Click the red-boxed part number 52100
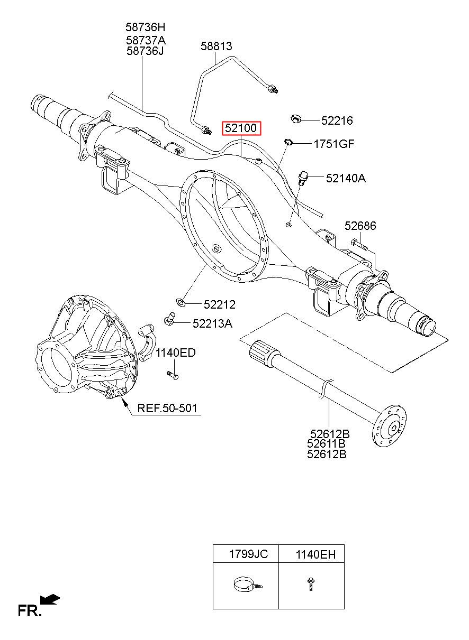tap(241, 128)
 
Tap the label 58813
tap(216, 46)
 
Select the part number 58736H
tap(146, 27)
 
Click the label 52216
tap(337, 120)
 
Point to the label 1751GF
tap(334, 144)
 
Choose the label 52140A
tap(346, 178)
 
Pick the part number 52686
tap(360, 226)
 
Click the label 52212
tap(220, 305)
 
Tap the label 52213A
tap(212, 324)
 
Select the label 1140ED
tap(175, 353)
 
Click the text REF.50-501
tap(167, 408)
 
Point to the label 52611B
tap(326, 444)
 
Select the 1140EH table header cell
tap(312, 554)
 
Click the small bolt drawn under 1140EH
tap(311, 584)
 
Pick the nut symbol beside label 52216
tap(296, 118)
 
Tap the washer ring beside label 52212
tap(180, 301)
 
